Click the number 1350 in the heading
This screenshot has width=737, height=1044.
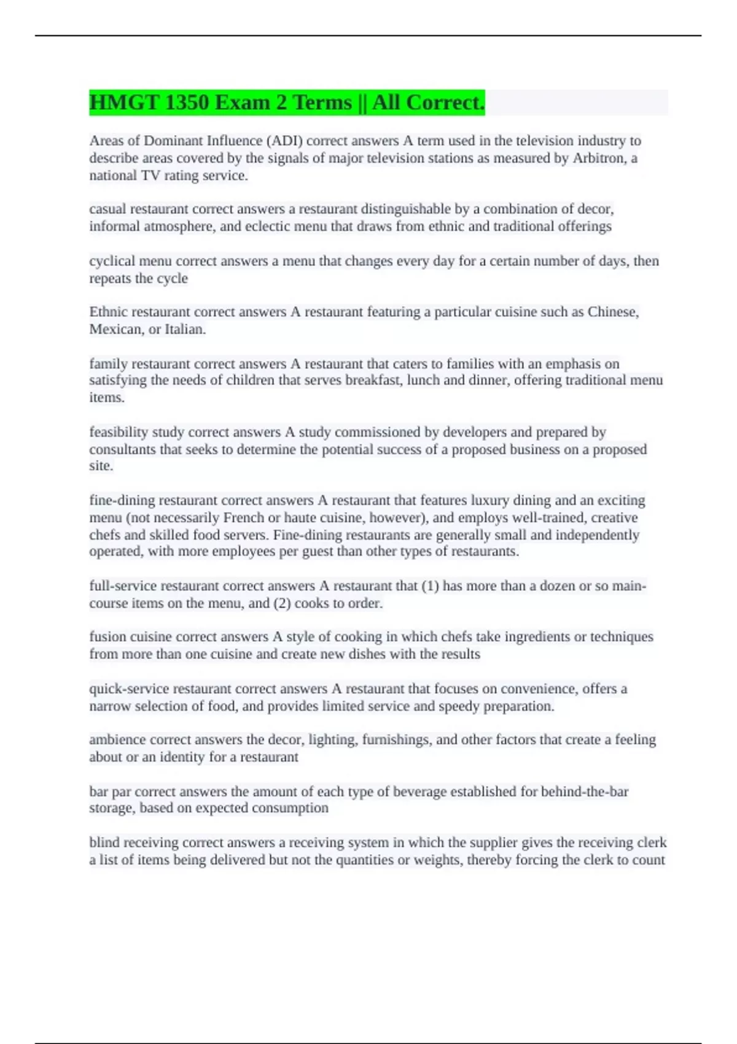187,103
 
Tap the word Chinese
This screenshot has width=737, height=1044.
612,312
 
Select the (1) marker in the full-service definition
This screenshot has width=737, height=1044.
430,586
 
